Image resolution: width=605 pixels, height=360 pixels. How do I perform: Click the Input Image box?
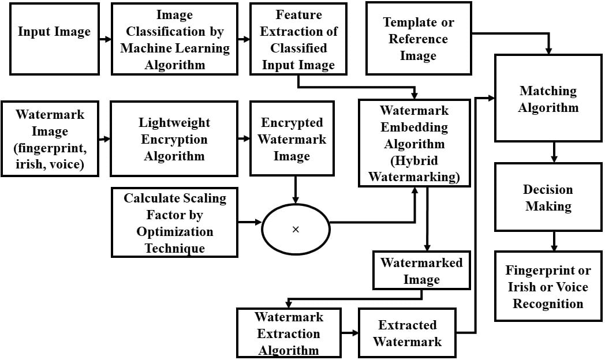(x=54, y=39)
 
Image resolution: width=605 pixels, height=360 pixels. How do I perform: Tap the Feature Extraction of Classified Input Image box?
(x=298, y=39)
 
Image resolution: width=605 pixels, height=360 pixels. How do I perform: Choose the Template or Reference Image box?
(x=418, y=39)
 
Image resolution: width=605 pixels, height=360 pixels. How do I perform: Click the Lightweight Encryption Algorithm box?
(x=174, y=139)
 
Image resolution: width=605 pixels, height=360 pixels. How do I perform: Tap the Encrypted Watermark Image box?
(x=292, y=139)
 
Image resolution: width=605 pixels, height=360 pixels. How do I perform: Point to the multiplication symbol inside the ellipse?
(x=296, y=230)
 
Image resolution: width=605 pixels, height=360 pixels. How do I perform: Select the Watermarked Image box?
(x=421, y=271)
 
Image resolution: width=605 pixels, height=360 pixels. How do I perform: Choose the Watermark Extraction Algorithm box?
(x=289, y=333)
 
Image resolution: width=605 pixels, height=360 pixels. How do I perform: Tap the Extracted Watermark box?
(x=407, y=333)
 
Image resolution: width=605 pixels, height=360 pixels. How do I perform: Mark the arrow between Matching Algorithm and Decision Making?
(x=554, y=152)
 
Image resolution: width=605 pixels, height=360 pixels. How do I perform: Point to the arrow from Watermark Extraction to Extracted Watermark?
(x=349, y=333)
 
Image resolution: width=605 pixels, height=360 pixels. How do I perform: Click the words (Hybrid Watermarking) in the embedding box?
(x=414, y=168)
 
